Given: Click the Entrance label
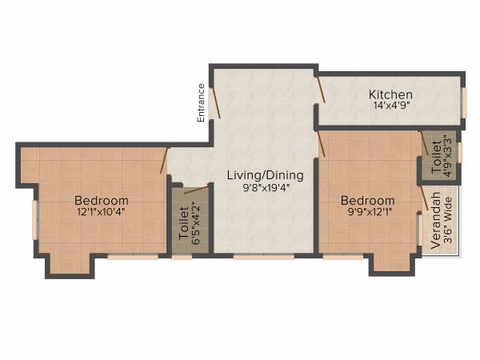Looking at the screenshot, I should click(202, 102).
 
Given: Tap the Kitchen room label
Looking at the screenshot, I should click(390, 94).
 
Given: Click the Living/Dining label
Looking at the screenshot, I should click(265, 175).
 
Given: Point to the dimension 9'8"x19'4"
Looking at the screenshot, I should click(265, 188).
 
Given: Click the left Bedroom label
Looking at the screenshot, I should click(101, 200).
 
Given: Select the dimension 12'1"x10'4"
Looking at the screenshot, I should click(101, 212).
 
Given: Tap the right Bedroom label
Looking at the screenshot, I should click(367, 200).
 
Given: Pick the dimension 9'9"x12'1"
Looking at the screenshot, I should click(367, 212).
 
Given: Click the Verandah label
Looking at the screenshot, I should click(436, 220).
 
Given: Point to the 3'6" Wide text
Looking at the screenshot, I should click(448, 220).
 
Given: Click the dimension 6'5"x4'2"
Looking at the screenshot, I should click(196, 225).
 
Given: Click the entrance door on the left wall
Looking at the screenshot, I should click(214, 102).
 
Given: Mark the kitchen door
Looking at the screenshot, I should click(321, 90).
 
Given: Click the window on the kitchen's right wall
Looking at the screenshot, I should click(463, 102).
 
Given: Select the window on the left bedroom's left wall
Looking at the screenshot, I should click(34, 219).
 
